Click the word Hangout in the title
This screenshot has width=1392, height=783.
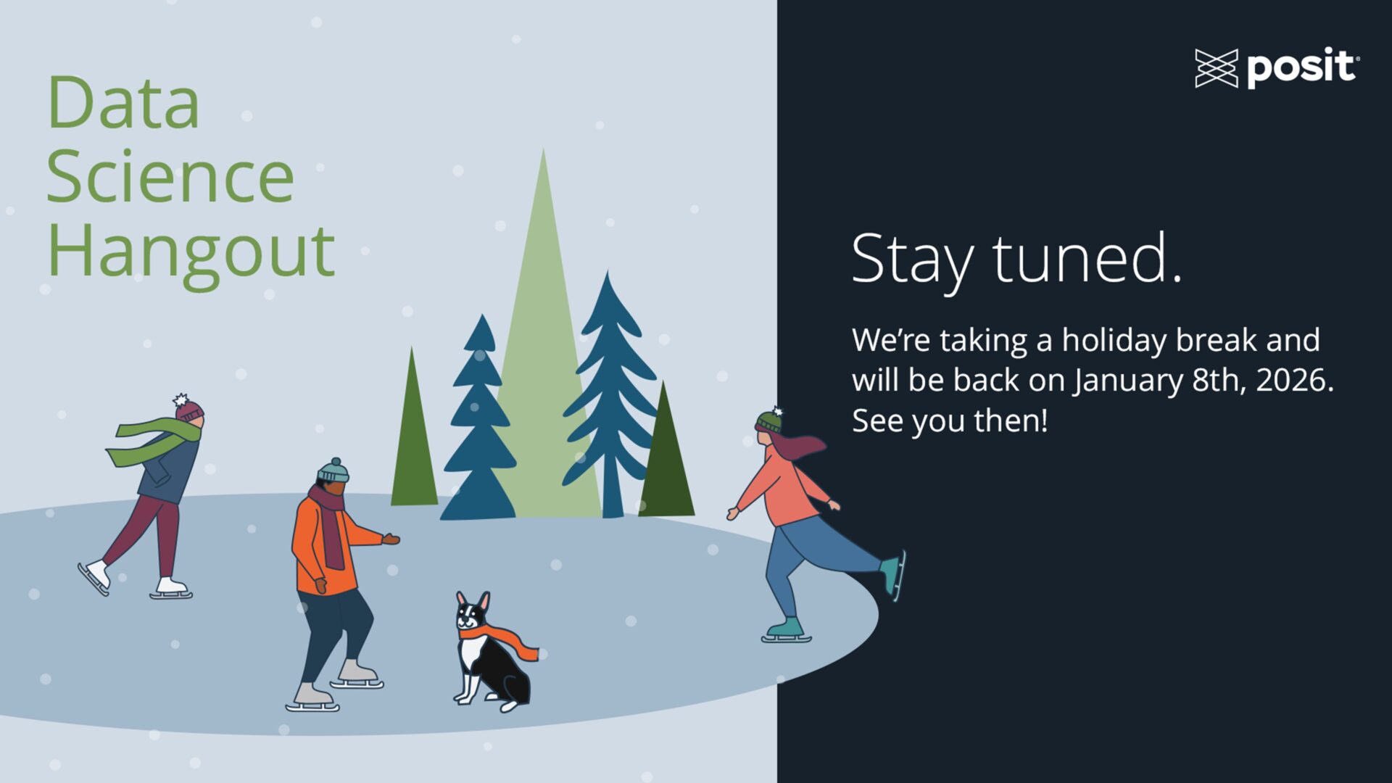tap(191, 252)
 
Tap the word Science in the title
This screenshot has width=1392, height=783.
tap(170, 177)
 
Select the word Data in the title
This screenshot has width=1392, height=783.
tap(123, 104)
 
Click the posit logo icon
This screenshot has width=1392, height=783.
tap(1216, 69)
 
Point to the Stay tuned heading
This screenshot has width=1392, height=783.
tap(1015, 259)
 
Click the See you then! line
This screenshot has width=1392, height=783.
tap(950, 420)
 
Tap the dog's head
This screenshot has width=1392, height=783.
tap(472, 613)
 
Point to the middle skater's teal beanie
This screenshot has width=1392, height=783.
tap(333, 472)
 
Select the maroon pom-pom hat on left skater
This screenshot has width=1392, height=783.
tap(188, 410)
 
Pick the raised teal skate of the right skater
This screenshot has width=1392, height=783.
tap(893, 573)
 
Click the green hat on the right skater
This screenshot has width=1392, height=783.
tap(769, 421)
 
